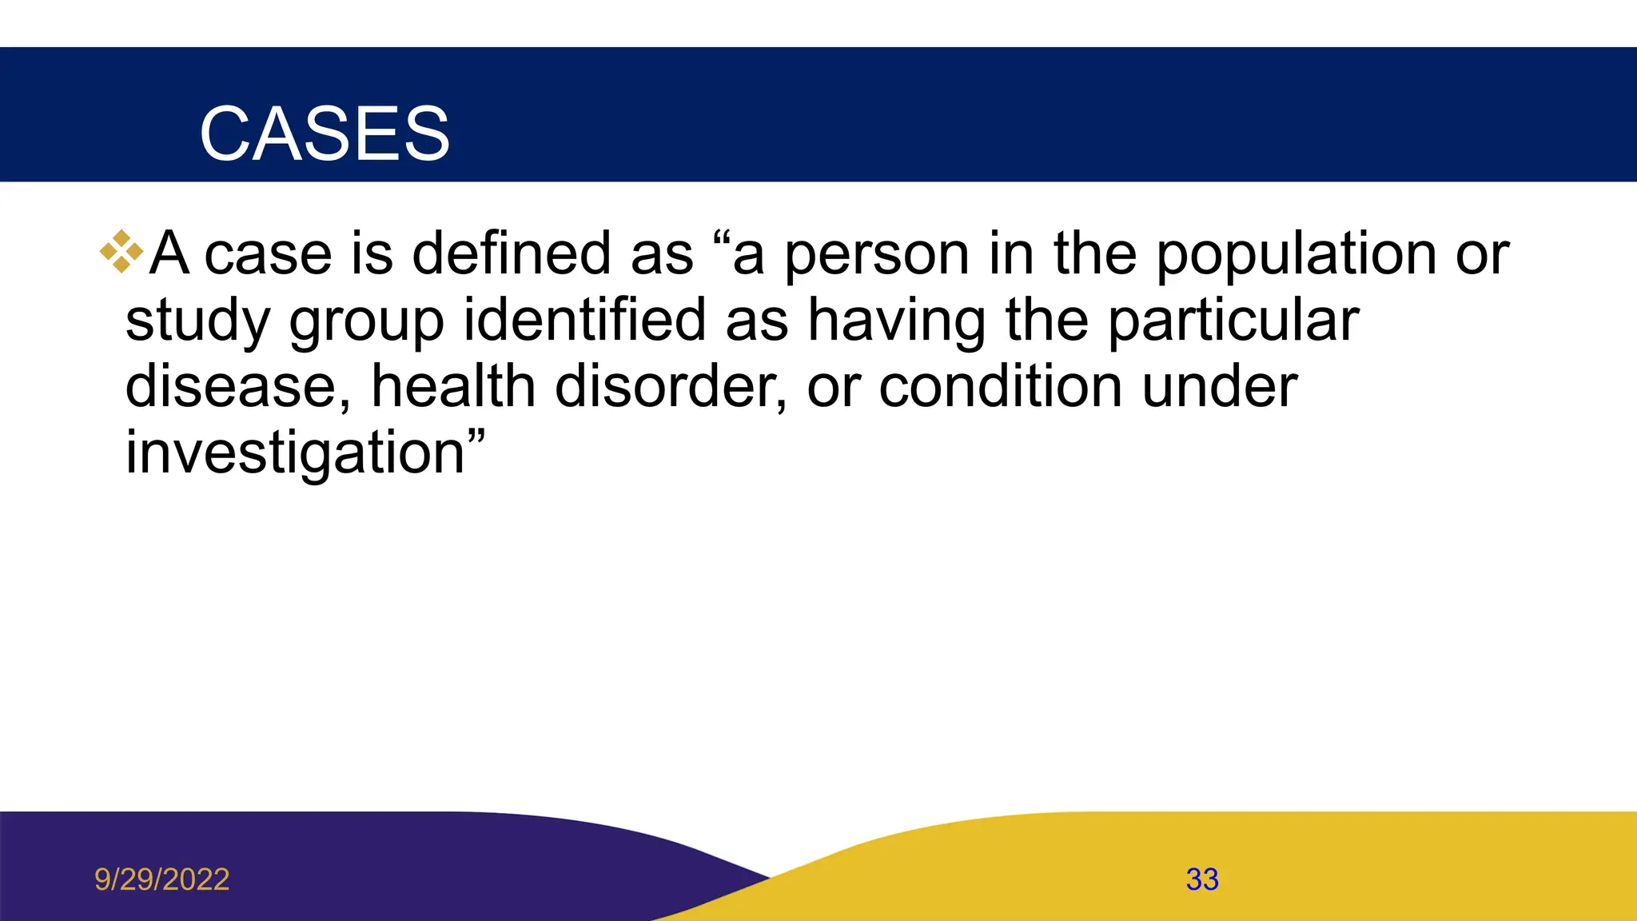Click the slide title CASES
[325, 134]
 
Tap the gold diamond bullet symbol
[121, 252]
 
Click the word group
[366, 321]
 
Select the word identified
[584, 320]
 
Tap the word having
[896, 321]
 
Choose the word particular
[1233, 321]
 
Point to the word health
[453, 386]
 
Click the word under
[1219, 386]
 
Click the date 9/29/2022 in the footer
[161, 879]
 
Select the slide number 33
[1202, 879]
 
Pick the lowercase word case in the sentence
[268, 255]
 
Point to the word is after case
[372, 253]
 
